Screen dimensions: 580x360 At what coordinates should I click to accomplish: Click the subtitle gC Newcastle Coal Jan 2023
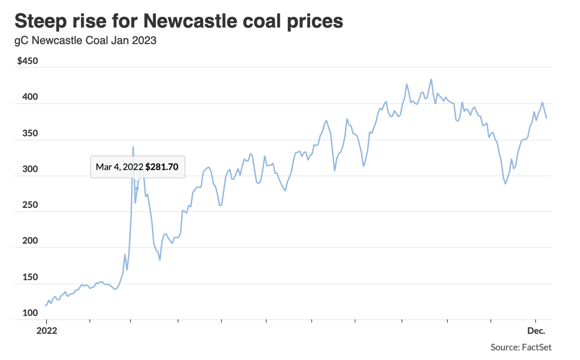click(85, 41)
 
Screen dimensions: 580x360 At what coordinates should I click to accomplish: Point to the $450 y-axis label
click(28, 61)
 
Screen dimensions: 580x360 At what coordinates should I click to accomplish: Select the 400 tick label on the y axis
click(30, 97)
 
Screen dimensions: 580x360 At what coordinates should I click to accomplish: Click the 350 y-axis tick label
click(30, 133)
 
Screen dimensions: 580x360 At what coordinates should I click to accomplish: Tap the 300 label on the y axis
click(30, 169)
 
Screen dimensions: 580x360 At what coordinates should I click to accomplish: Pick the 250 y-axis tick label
click(30, 205)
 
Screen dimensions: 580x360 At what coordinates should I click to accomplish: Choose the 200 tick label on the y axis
click(30, 241)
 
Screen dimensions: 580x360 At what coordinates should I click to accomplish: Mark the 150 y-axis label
click(30, 277)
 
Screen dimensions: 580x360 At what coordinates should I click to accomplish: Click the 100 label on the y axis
click(30, 313)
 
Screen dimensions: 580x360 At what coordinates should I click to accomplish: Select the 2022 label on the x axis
click(46, 331)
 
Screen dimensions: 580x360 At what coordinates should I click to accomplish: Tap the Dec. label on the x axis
click(536, 331)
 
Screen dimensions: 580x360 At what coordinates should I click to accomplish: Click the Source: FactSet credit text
click(521, 347)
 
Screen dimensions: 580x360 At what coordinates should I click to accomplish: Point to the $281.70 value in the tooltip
click(162, 167)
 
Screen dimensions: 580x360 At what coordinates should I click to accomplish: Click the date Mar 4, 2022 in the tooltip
click(119, 167)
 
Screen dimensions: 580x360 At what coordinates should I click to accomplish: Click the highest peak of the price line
click(431, 79)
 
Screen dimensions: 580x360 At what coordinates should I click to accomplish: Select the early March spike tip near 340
click(133, 147)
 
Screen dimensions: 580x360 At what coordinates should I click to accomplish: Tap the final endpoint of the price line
click(546, 118)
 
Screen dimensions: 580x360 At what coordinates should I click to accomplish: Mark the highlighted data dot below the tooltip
click(137, 189)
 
